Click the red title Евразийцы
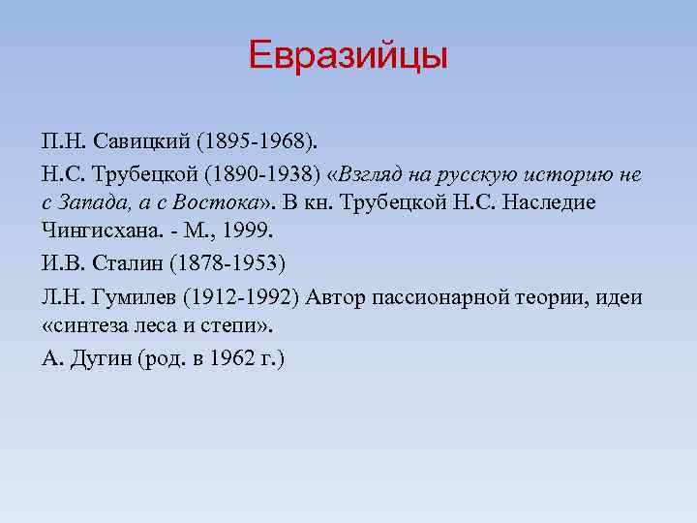[348, 55]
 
